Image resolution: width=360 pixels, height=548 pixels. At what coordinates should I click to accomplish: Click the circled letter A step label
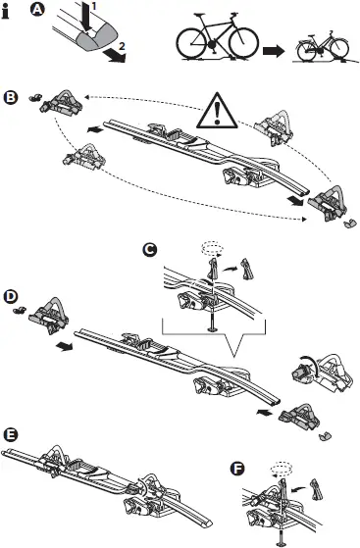coord(37,13)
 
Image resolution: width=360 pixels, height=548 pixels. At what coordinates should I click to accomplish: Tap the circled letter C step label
coord(150,250)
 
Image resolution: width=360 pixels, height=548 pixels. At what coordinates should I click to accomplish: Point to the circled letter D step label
coord(11,294)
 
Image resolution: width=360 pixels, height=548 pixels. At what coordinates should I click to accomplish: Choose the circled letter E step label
coord(11,433)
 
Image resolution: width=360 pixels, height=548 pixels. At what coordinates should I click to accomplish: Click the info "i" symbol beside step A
coord(8,14)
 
